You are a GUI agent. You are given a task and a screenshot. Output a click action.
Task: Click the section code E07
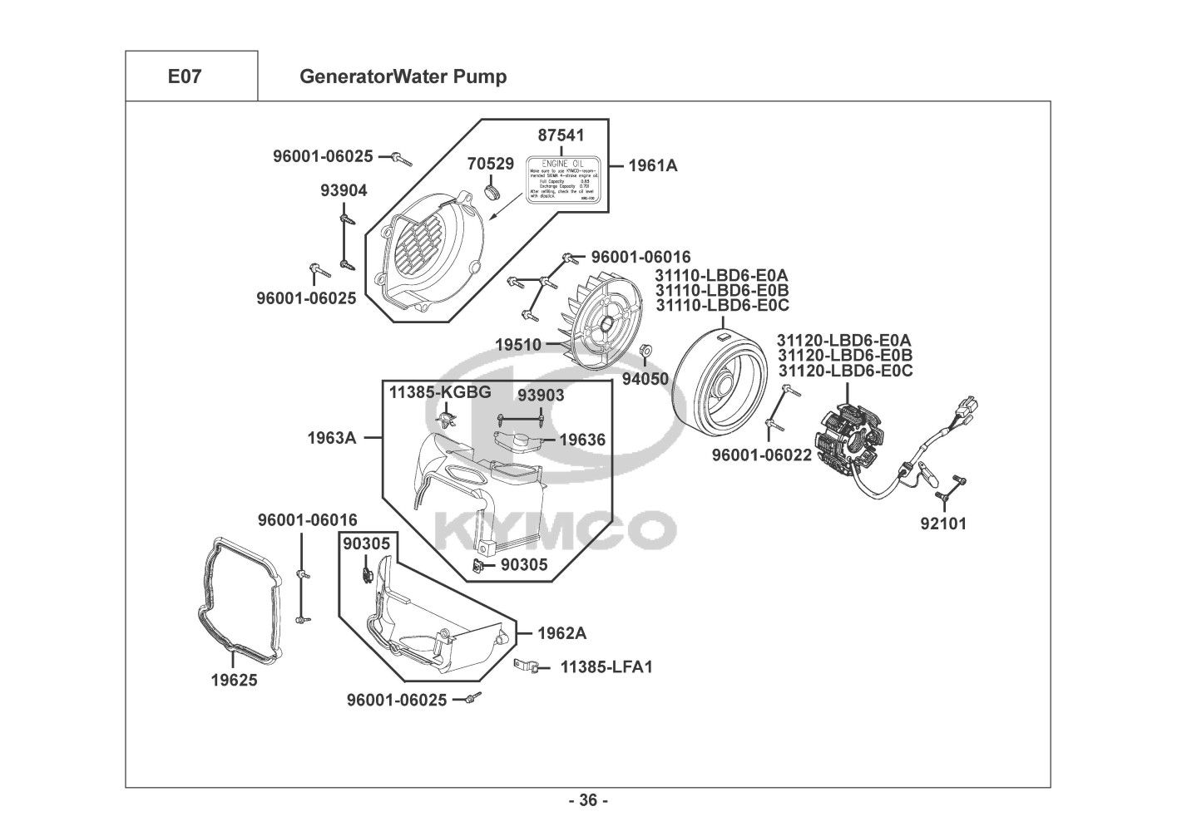185,76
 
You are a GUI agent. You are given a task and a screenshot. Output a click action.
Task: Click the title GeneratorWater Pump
403,76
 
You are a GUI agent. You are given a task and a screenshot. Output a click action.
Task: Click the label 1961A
652,165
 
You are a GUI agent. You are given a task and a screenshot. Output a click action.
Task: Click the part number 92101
943,524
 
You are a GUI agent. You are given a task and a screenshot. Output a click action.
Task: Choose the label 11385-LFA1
606,666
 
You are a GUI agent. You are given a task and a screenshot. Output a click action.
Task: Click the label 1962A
561,633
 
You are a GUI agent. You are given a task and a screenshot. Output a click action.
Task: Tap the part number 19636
581,440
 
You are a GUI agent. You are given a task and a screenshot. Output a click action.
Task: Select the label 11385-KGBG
440,392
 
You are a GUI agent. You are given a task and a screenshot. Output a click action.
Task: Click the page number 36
588,800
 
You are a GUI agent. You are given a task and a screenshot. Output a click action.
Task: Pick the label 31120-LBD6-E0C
844,371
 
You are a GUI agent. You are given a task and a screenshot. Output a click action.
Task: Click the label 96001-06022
761,455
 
